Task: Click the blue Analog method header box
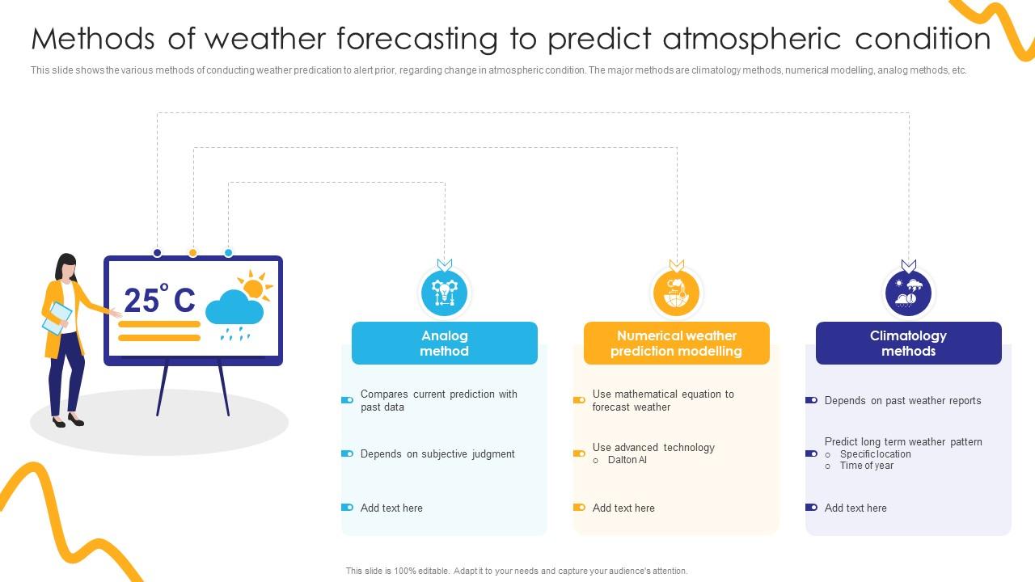click(445, 344)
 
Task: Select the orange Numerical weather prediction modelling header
click(677, 344)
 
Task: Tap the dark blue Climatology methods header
click(908, 344)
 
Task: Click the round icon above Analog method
click(445, 293)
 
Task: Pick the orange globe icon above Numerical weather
click(677, 293)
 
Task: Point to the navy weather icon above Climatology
click(908, 293)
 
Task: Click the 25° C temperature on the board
click(160, 298)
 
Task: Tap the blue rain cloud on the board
click(234, 307)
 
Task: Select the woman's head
click(67, 267)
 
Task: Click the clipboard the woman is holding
click(57, 318)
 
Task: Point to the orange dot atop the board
click(192, 253)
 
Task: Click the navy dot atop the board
click(157, 253)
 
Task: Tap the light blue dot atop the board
click(228, 253)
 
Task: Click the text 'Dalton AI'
click(627, 460)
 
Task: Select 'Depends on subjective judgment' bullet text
click(437, 454)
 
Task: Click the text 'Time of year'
click(866, 466)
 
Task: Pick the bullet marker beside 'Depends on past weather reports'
click(811, 400)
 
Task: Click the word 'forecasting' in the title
click(417, 39)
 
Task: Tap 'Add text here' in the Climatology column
click(855, 508)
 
